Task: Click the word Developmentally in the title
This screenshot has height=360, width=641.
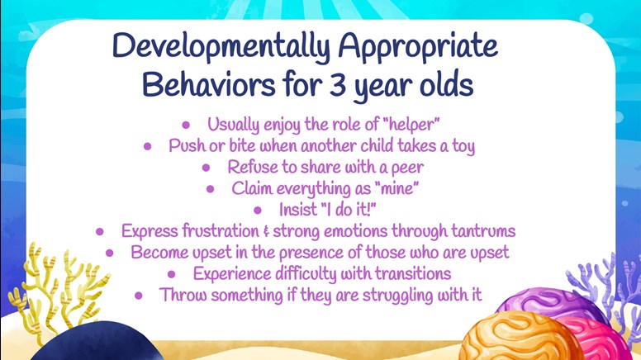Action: pos(221,46)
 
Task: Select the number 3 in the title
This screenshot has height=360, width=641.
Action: pos(337,85)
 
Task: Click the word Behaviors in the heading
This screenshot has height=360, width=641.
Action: pos(208,84)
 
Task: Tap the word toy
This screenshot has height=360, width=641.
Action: pos(463,147)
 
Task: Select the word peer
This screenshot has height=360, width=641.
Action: pos(407,168)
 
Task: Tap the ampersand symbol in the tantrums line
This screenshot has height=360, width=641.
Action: pos(266,232)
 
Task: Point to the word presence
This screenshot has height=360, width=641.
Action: pos(311,253)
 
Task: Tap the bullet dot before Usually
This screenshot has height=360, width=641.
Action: pos(186,125)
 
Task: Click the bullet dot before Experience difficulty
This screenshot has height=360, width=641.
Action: pos(172,274)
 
